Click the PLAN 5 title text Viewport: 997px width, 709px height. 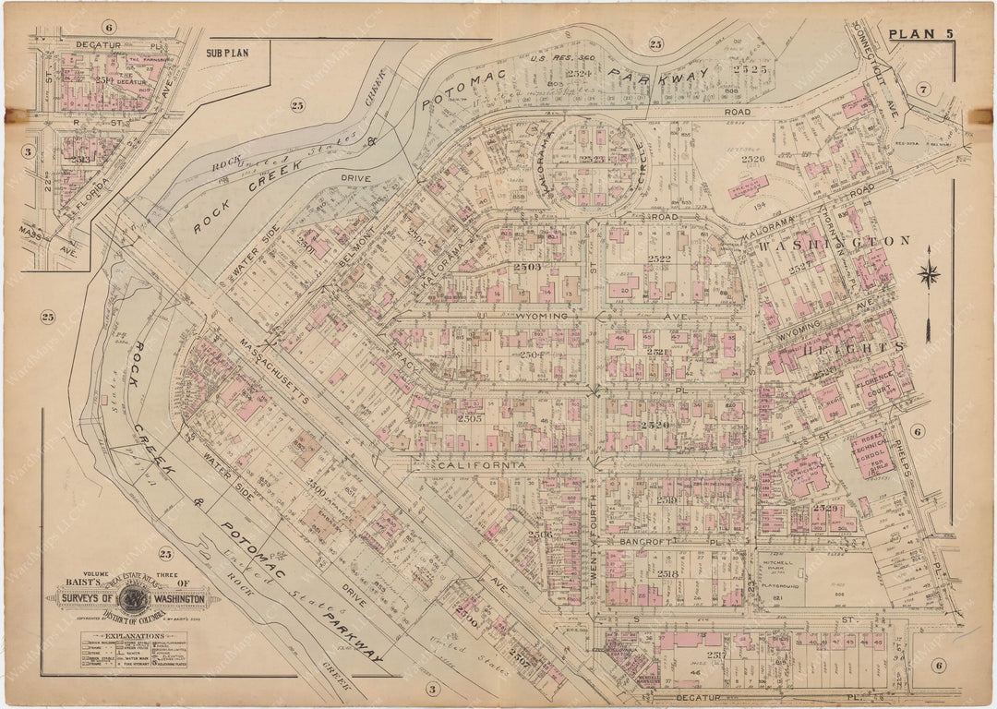click(x=925, y=35)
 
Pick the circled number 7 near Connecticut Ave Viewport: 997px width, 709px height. click(x=921, y=89)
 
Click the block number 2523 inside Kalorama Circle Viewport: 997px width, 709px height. click(x=592, y=160)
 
